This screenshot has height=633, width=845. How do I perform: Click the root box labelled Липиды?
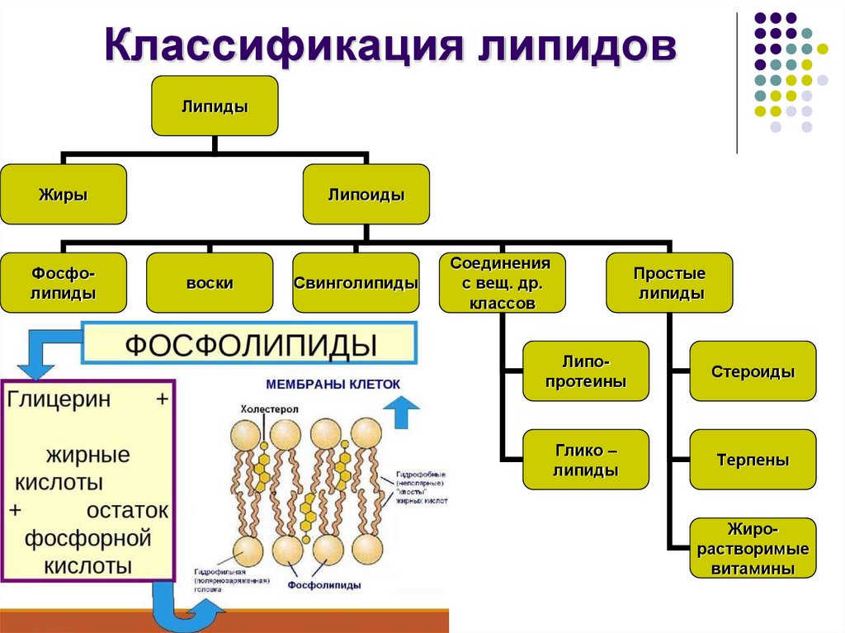(x=215, y=106)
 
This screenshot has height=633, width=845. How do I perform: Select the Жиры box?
(x=64, y=195)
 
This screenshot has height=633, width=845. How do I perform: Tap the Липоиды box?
(x=366, y=195)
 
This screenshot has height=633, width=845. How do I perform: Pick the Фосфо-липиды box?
(x=64, y=282)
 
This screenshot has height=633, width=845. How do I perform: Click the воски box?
(x=210, y=282)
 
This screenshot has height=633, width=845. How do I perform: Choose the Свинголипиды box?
(x=356, y=282)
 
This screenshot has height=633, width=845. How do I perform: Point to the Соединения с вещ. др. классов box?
(x=502, y=282)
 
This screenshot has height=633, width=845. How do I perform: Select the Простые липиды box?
(x=669, y=282)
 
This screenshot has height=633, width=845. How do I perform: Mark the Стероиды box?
(x=753, y=371)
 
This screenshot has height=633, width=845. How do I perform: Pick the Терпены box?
(x=753, y=460)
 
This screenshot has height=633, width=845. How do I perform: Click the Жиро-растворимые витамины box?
(x=753, y=548)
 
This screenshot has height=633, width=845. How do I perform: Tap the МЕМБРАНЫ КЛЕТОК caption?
(x=333, y=385)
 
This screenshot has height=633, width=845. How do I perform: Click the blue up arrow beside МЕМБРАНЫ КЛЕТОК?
(x=402, y=410)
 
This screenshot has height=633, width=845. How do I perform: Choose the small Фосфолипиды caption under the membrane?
(x=323, y=584)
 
